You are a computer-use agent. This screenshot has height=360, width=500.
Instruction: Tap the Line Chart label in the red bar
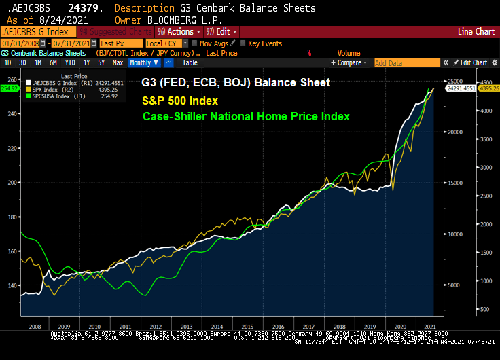476,31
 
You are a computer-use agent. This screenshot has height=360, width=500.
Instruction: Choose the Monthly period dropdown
143,62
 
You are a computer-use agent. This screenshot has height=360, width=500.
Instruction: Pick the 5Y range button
101,62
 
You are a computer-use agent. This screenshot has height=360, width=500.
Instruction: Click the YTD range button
69,62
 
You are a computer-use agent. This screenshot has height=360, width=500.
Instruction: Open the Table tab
190,62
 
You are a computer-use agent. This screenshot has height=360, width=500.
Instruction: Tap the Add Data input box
407,62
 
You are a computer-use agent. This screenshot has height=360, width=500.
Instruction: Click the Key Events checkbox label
264,43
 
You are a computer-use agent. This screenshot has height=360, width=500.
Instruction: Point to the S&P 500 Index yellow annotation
179,100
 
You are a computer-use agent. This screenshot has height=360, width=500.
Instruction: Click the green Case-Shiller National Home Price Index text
245,116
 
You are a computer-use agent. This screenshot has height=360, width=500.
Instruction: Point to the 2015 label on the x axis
248,326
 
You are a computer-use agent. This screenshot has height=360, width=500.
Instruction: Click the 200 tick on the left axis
11,182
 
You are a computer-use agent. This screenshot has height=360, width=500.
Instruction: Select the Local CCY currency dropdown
165,43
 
